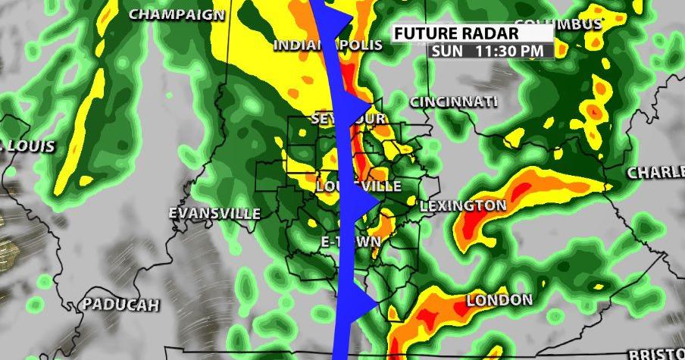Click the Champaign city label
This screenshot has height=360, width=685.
tap(177, 14)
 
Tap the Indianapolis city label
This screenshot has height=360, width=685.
tap(328, 45)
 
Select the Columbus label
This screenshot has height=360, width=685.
tap(558, 24)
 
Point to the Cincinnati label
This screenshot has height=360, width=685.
tap(454, 102)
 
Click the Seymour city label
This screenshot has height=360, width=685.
tap(349, 119)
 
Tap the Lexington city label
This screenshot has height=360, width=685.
tap(463, 205)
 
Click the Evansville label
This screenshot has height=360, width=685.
tap(214, 213)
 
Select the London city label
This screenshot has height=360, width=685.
tap(499, 301)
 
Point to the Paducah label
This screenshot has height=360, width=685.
tap(121, 305)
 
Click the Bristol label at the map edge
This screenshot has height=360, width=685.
tap(657, 353)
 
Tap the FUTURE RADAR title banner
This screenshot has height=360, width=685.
tap(456, 34)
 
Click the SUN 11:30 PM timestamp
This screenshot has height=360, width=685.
tap(489, 51)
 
